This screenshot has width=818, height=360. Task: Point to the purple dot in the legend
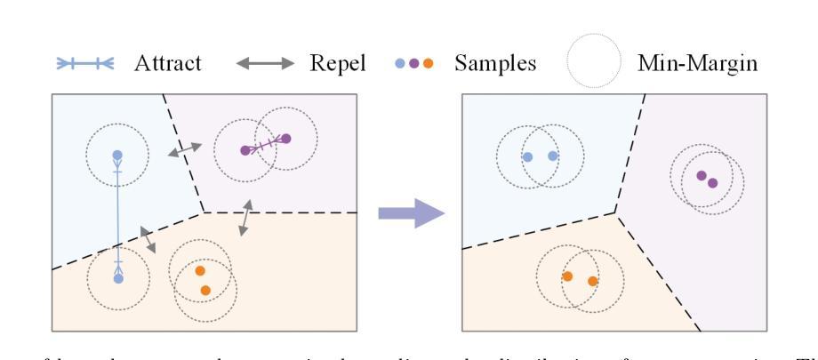pyautogui.click(x=414, y=64)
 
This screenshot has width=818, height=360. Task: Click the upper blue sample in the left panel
pyautogui.click(x=117, y=156)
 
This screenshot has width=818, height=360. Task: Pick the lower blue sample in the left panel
pyautogui.click(x=117, y=278)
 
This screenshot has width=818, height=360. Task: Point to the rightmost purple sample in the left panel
pyautogui.click(x=285, y=138)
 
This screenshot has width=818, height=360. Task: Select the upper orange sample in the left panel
pyautogui.click(x=199, y=271)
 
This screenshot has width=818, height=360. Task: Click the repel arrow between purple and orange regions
pyautogui.click(x=243, y=218)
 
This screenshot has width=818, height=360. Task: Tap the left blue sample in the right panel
pyautogui.click(x=527, y=156)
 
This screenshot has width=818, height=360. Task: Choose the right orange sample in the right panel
pyautogui.click(x=593, y=281)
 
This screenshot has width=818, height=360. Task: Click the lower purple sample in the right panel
pyautogui.click(x=712, y=182)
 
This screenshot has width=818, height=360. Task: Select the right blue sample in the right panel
pyautogui.click(x=553, y=156)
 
